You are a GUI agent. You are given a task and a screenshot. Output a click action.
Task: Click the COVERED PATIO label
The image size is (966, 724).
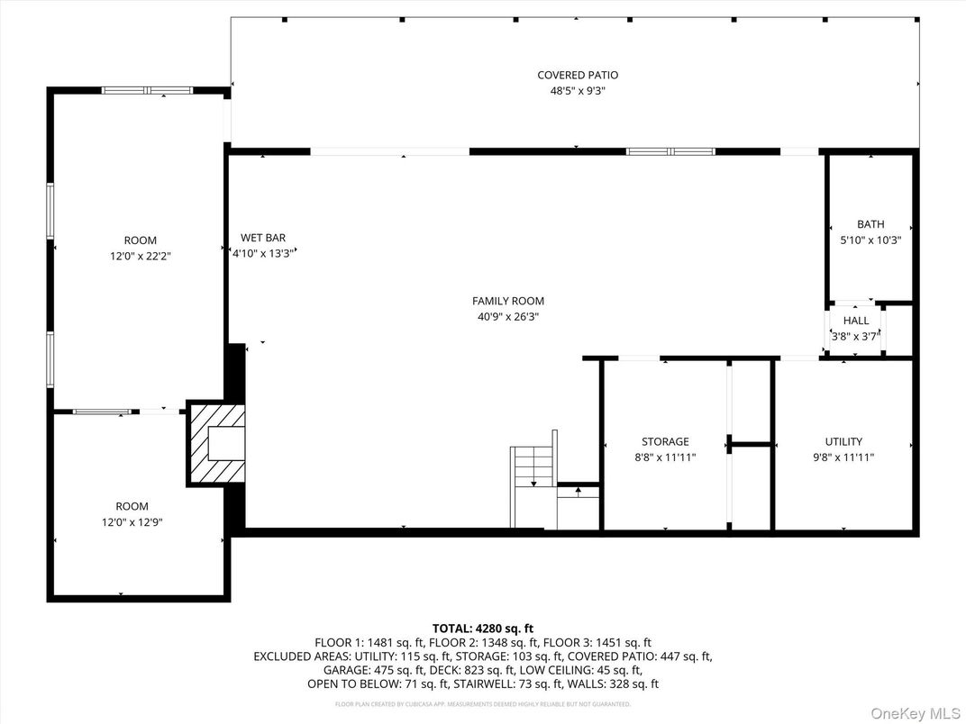(x=578, y=76)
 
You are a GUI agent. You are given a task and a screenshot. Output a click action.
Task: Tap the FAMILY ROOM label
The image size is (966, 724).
(x=508, y=302)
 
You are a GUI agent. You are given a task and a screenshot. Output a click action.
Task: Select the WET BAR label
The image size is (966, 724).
(x=263, y=239)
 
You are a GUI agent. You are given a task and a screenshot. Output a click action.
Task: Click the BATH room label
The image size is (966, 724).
(x=870, y=224)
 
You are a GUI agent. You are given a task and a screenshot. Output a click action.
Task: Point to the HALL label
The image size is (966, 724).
(x=856, y=321)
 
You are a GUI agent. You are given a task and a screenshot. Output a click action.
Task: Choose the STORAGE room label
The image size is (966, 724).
(x=665, y=442)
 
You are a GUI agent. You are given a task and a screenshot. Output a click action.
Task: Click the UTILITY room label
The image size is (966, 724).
(x=843, y=442)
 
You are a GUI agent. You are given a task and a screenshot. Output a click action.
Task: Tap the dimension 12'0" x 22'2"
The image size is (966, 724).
(x=140, y=256)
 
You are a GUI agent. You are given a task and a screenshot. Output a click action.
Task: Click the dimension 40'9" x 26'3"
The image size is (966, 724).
(x=508, y=317)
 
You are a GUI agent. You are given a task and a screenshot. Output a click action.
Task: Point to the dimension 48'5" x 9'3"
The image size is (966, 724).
(x=578, y=90)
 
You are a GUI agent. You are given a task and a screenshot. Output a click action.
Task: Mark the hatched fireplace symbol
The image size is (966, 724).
(x=216, y=444)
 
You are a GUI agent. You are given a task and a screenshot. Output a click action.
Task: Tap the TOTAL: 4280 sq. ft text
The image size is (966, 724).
(x=483, y=629)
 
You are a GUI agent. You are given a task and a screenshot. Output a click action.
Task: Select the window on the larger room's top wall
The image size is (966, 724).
(x=147, y=90)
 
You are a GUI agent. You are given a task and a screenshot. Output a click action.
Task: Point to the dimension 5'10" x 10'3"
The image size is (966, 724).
(x=870, y=240)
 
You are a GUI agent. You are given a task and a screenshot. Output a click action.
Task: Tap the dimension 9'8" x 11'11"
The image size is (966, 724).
(x=843, y=457)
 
